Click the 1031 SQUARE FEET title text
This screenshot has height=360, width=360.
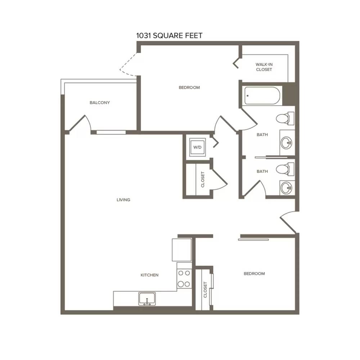[169, 36]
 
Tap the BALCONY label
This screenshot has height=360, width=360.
[100, 103]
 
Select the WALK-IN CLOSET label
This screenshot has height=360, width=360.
[264, 67]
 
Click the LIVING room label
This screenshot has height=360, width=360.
[123, 200]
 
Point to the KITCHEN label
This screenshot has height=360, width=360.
[149, 275]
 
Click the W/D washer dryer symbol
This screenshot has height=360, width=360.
[197, 147]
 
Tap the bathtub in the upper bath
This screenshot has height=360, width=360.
[262, 95]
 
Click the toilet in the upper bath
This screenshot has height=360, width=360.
[285, 118]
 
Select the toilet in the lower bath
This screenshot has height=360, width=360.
[285, 169]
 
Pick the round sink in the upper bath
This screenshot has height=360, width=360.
[287, 143]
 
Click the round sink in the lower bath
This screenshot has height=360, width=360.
[287, 188]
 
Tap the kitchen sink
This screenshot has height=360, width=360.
[147, 299]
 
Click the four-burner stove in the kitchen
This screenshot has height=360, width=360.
[184, 279]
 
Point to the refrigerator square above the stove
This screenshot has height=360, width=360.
[181, 250]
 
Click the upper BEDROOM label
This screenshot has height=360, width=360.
[189, 87]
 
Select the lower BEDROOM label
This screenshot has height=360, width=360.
[254, 274]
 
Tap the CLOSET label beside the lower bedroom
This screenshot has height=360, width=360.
[205, 290]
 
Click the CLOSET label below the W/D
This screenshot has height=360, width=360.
[203, 179]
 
